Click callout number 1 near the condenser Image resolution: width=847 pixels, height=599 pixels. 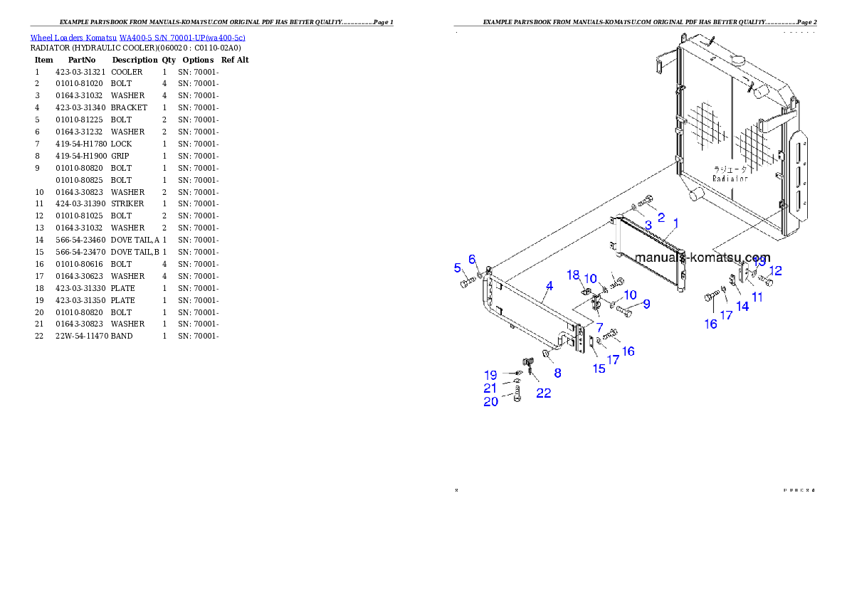pos(675,223)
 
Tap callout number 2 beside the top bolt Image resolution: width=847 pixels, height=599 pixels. pos(661,217)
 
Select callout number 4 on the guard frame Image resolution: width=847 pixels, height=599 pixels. pos(549,287)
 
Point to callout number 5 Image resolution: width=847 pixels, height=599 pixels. pos(458,267)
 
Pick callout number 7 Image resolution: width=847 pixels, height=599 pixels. pos(599,326)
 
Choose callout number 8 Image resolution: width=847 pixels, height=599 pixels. pos(557,372)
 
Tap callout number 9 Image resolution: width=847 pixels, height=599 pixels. pos(646,304)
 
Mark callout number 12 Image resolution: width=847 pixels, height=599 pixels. pos(776,270)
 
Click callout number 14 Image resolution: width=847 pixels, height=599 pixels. pos(742,306)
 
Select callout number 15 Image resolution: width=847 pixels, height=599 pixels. pos(599,369)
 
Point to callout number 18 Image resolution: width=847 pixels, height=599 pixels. pos(574,275)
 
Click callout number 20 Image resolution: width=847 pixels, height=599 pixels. pos(491,402)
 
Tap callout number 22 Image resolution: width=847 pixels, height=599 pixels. pos(543,393)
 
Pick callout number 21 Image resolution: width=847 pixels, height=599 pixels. pos(490,388)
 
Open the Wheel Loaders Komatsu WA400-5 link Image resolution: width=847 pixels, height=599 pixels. pos(137,38)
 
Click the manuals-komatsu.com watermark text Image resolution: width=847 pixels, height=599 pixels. pos(703,258)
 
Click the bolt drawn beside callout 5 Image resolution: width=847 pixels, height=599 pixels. pos(467,283)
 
